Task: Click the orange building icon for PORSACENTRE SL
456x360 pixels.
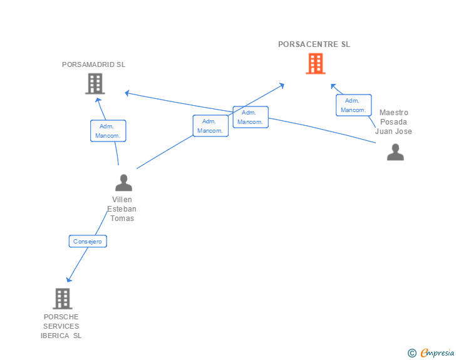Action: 315,63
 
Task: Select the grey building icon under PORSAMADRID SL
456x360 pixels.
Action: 95,83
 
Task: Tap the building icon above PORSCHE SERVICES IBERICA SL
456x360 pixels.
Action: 62,299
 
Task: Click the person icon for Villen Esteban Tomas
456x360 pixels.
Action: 123,183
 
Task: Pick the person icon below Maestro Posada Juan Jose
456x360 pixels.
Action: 395,152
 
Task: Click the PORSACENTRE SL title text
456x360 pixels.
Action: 314,44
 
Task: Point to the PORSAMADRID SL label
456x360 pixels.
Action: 94,64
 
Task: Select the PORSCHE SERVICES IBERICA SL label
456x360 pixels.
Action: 61,326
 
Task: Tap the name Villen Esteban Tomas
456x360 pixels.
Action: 122,209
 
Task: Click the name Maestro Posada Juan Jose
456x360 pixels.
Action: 393,122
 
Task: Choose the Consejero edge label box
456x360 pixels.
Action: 88,241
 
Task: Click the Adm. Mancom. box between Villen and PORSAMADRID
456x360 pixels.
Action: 108,131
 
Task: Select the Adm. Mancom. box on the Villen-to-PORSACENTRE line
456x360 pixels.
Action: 210,126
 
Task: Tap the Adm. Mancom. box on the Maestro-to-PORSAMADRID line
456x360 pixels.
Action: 251,117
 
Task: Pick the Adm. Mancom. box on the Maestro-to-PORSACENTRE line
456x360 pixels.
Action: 353,105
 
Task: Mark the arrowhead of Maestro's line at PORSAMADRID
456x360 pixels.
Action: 127,93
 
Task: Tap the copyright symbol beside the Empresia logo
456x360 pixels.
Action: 412,353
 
